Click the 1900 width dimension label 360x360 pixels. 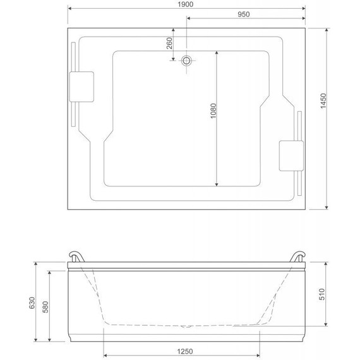pos(185,4)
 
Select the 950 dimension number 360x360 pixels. pos(244,15)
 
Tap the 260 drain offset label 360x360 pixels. pos(169,43)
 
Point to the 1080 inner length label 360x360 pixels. pos(213,111)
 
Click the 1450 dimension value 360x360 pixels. pos(323,101)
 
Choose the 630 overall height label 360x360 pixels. pos(32,303)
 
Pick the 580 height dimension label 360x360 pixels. pos(45,307)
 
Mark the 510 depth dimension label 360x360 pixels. pos(322,294)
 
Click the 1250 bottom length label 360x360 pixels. pos(185,352)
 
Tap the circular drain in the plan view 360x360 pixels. pos(186,61)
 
